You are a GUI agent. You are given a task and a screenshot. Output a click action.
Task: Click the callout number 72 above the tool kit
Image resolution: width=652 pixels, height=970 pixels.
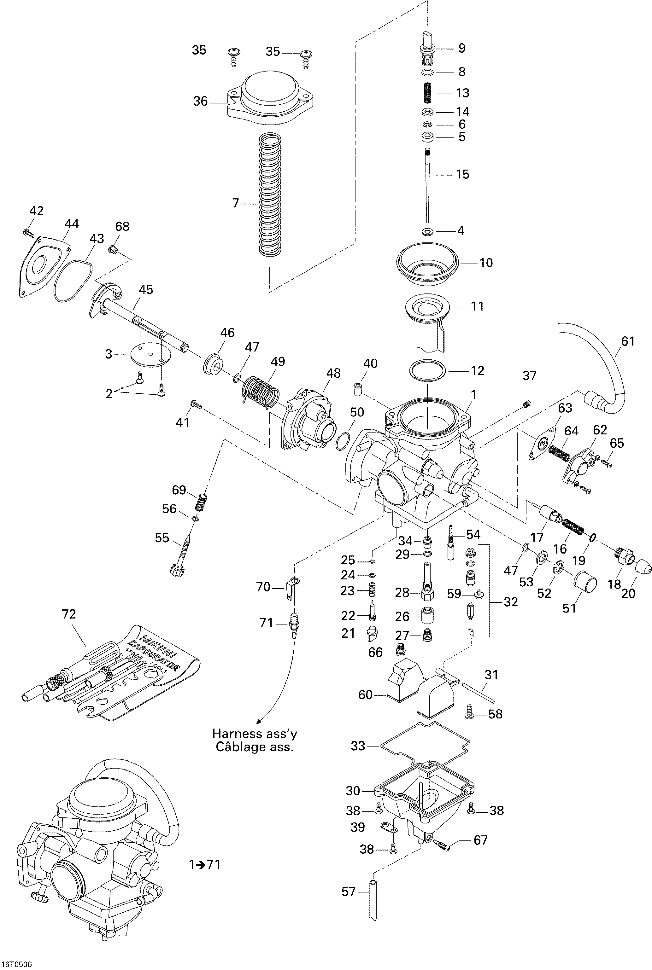click(69, 614)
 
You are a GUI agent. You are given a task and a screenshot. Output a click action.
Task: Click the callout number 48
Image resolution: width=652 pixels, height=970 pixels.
click(333, 373)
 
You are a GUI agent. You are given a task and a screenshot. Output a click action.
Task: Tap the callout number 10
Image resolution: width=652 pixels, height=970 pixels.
click(486, 263)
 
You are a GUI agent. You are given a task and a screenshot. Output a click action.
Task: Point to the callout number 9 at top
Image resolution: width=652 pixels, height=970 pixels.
click(461, 48)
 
